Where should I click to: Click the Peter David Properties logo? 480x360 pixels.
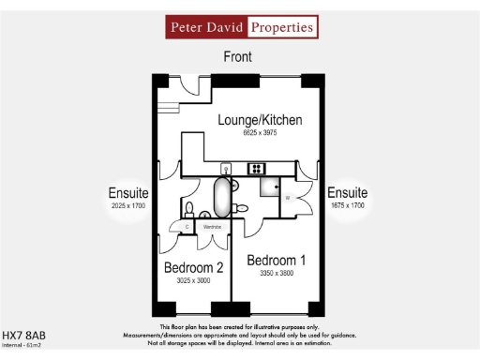pyautogui.click(x=241, y=27)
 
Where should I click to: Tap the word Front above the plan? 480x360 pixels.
pyautogui.click(x=238, y=57)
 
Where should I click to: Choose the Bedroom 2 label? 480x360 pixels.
pyautogui.click(x=195, y=268)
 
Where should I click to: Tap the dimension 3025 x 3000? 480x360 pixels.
pyautogui.click(x=195, y=281)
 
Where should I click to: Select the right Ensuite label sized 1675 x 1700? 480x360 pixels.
pyautogui.click(x=348, y=193)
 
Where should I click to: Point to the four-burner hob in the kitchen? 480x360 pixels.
pyautogui.click(x=255, y=169)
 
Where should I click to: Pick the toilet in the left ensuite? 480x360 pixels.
pyautogui.click(x=188, y=208)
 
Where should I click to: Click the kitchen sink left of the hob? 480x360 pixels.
pyautogui.click(x=226, y=169)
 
